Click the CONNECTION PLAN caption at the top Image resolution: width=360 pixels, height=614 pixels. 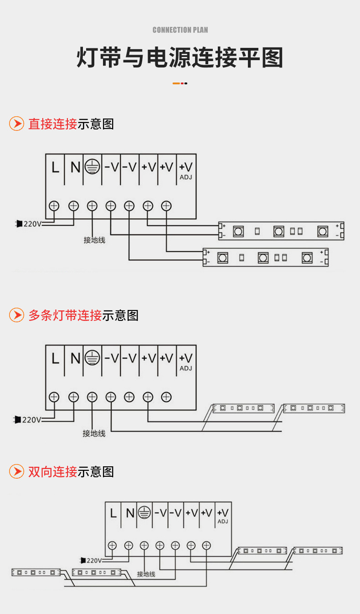pyautogui.click(x=180, y=30)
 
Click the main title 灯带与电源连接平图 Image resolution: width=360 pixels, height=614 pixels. pyautogui.click(x=180, y=58)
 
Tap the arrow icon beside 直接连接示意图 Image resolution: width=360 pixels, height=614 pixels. pyautogui.click(x=17, y=124)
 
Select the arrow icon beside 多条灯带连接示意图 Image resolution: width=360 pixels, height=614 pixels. pyautogui.click(x=17, y=315)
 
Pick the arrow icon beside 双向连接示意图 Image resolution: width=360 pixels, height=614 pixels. pyautogui.click(x=17, y=471)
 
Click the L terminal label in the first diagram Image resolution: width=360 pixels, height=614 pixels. pyautogui.click(x=55, y=168)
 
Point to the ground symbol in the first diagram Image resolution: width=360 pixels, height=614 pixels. pyautogui.click(x=92, y=167)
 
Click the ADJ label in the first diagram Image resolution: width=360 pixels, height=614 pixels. pyautogui.click(x=186, y=177)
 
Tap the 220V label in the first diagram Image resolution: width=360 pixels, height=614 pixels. pyautogui.click(x=32, y=224)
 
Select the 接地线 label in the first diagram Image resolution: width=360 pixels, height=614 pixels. pyautogui.click(x=94, y=240)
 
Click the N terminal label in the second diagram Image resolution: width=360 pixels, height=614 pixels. pyautogui.click(x=75, y=359)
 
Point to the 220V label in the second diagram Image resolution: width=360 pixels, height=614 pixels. pyautogui.click(x=31, y=419)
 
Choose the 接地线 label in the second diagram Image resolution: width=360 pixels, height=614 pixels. pyautogui.click(x=94, y=433)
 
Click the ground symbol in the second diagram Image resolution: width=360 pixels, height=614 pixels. pyautogui.click(x=92, y=358)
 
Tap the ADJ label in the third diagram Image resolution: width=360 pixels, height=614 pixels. pyautogui.click(x=223, y=521)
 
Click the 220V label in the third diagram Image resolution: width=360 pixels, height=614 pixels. pyautogui.click(x=94, y=560)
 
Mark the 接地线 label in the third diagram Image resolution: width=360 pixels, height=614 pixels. pyautogui.click(x=146, y=574)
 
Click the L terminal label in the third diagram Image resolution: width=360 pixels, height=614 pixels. pyautogui.click(x=113, y=513)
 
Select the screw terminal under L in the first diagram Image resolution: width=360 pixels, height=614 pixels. pyautogui.click(x=54, y=206)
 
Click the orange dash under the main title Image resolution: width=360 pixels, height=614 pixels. pyautogui.click(x=176, y=83)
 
